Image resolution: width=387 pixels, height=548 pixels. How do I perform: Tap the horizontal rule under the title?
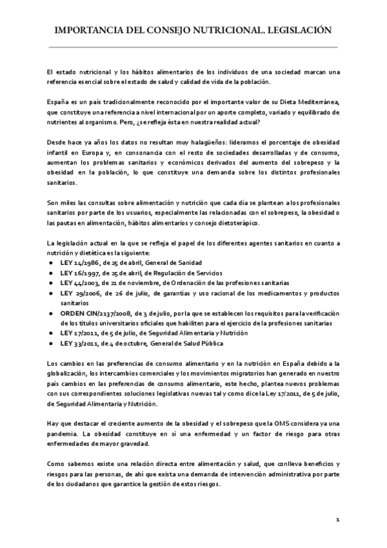(193, 47)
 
